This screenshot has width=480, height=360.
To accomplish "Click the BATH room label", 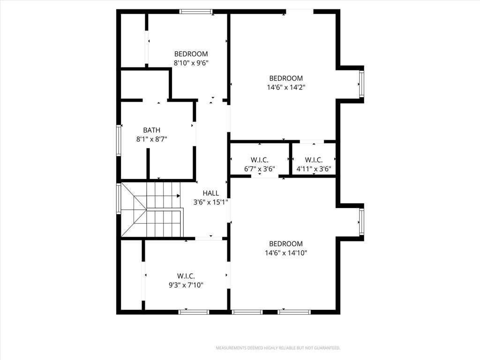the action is (x=151, y=130).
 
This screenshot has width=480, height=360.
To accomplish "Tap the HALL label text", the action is (x=210, y=193).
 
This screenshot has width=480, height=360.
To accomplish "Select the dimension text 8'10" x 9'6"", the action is (x=191, y=63).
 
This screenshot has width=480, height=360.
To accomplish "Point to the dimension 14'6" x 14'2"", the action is (x=286, y=87).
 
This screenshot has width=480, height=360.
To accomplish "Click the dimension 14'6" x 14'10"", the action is (x=286, y=253).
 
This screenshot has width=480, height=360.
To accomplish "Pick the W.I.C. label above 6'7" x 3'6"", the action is (x=260, y=160).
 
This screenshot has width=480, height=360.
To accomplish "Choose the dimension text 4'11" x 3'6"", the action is (x=314, y=169).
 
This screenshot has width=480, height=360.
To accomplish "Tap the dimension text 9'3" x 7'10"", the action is (x=186, y=285).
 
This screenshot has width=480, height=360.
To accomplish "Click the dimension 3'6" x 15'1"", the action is (x=210, y=202).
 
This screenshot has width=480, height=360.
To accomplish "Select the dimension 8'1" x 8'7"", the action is (x=151, y=139).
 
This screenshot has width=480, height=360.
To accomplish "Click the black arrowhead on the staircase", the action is (x=178, y=195).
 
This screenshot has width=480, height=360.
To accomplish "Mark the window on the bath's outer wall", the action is (x=118, y=141).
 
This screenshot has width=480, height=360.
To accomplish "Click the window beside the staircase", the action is (x=118, y=198).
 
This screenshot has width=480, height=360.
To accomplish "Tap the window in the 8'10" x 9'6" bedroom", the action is (x=195, y=12).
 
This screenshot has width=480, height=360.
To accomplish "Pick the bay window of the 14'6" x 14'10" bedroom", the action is (x=361, y=222).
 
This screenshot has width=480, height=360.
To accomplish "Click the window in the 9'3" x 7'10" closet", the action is (x=194, y=312).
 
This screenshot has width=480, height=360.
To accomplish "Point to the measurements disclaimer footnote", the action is (x=278, y=348).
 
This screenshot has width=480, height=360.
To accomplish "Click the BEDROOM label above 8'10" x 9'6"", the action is (x=191, y=54).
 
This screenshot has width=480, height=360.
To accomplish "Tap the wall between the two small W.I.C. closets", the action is (x=291, y=158).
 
